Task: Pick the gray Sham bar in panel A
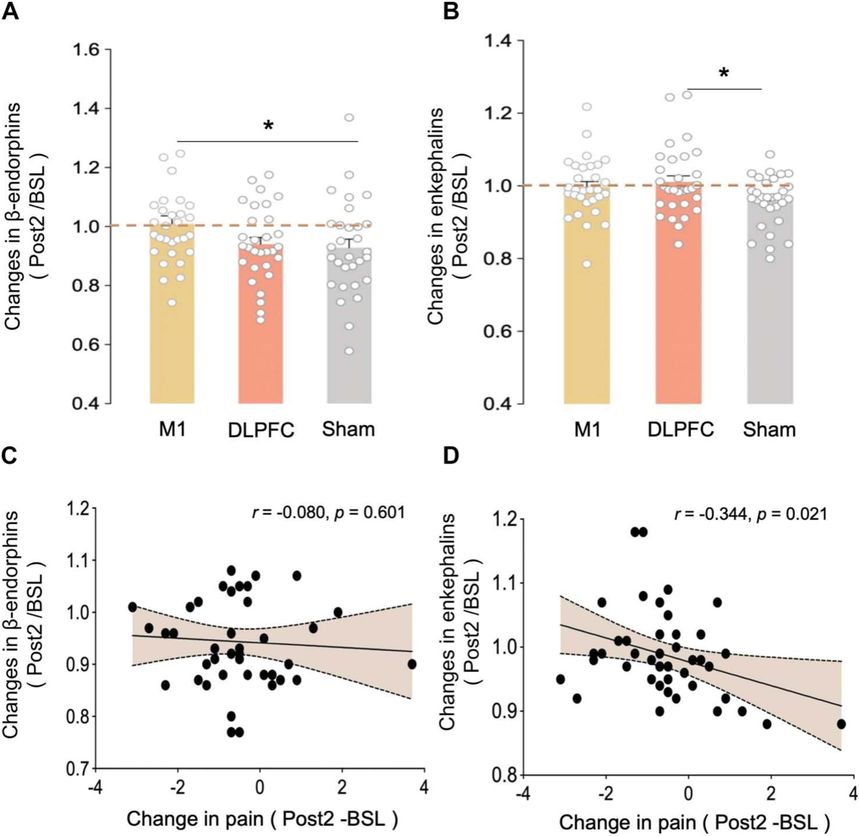(348, 330)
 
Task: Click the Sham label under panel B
(771, 430)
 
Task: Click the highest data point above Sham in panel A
(348, 118)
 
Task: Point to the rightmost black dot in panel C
(412, 664)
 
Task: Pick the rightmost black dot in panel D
(841, 724)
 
